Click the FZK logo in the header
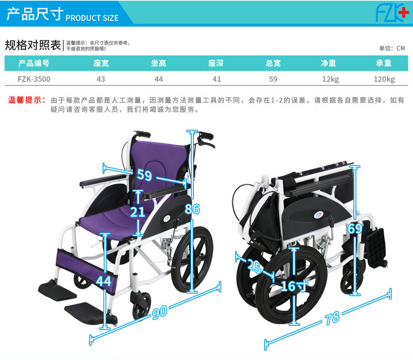click(x=391, y=13)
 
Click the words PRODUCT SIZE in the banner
click(x=92, y=18)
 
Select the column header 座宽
click(x=101, y=63)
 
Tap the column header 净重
click(x=328, y=63)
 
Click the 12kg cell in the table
click(x=330, y=79)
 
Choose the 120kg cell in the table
click(x=384, y=79)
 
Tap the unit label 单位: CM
click(x=392, y=48)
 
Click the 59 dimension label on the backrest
click(x=144, y=175)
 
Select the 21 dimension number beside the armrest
click(x=137, y=212)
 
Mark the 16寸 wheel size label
click(x=295, y=286)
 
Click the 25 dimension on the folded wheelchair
click(x=255, y=266)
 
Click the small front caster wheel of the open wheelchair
click(x=141, y=306)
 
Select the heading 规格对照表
click(x=32, y=45)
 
